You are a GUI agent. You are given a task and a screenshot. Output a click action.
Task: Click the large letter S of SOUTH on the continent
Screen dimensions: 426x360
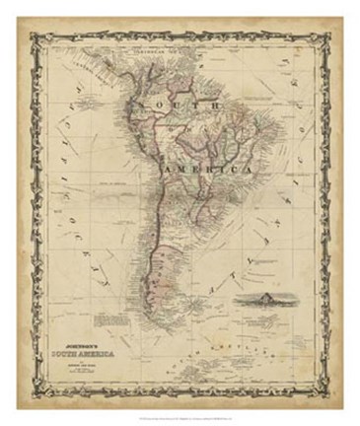coord(147,106)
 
